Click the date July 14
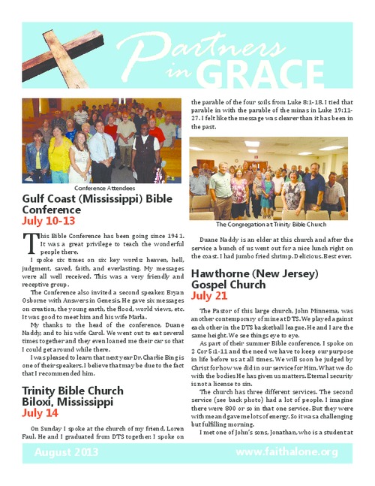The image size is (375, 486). pos(39,412)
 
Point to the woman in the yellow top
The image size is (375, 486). pos(59,154)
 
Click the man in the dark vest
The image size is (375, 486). pos(145,150)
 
